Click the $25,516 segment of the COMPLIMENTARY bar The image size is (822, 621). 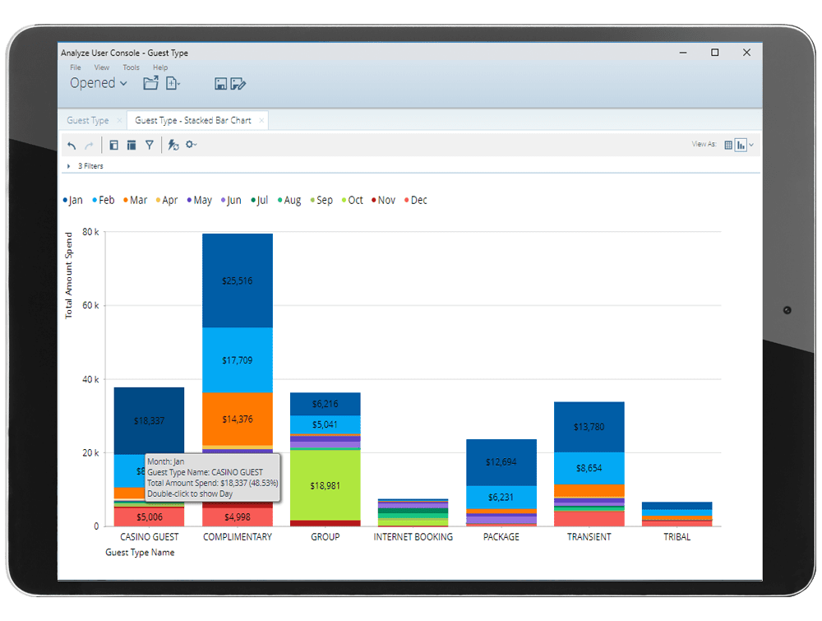[x=238, y=280]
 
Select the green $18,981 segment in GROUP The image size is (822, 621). [x=325, y=485]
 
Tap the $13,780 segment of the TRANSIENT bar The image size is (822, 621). [x=589, y=426]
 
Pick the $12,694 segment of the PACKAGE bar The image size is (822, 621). [x=501, y=461]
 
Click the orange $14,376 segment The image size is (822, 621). [x=238, y=419]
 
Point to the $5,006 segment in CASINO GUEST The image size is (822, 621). [x=149, y=517]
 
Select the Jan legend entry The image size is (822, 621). [x=72, y=200]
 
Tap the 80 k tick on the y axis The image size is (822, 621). [x=90, y=233]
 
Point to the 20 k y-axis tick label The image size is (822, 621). [x=90, y=453]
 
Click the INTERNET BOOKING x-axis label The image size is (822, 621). [x=413, y=537]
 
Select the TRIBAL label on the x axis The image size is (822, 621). [x=677, y=537]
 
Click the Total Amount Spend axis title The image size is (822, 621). [x=70, y=275]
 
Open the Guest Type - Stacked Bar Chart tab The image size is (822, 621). [x=193, y=121]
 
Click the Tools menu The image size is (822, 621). [x=131, y=67]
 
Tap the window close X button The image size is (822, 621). [x=746, y=53]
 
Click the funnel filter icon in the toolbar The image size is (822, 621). [x=150, y=145]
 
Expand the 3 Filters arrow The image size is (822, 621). [x=68, y=166]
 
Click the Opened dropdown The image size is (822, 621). [x=98, y=83]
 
